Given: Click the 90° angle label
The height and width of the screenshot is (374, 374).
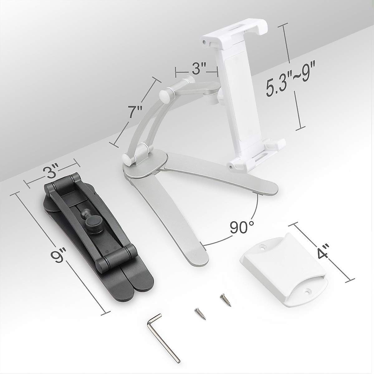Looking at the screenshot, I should click(242, 227).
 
